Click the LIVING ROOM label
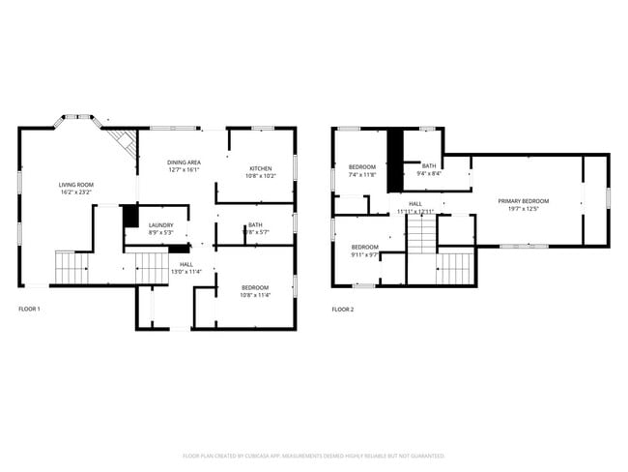click(75, 184)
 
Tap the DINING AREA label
click(184, 162)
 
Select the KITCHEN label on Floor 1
click(262, 168)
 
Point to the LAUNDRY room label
click(160, 225)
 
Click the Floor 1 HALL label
click(186, 264)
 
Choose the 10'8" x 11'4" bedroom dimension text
click(255, 295)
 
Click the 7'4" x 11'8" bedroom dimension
click(364, 176)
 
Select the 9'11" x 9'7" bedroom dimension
click(364, 254)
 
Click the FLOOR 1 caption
click(30, 310)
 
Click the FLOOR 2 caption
click(343, 310)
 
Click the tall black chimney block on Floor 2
click(394, 159)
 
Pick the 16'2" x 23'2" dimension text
click(75, 192)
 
